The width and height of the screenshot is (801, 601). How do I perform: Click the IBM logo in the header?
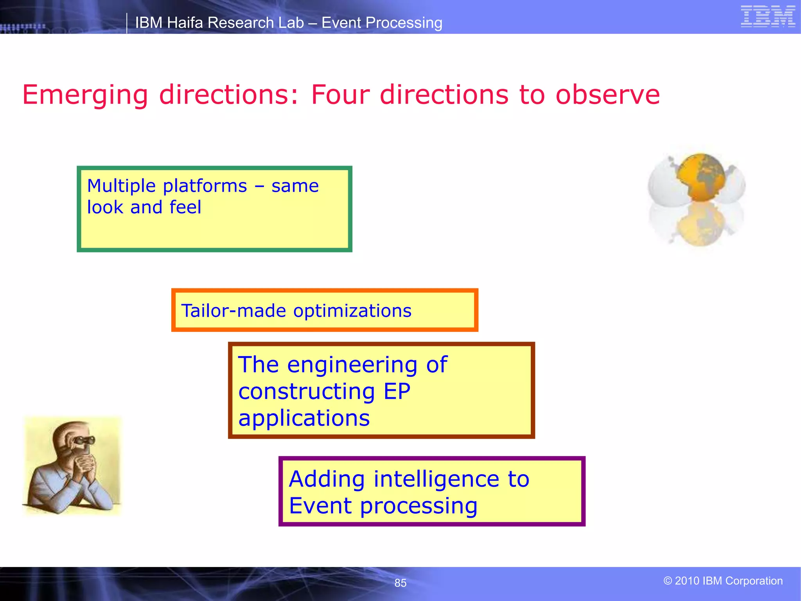click(768, 17)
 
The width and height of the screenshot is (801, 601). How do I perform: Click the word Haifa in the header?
click(185, 23)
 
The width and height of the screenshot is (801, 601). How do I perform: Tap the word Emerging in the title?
click(85, 95)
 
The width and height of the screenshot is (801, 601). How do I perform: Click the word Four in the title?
click(340, 95)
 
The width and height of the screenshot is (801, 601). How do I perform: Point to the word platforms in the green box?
click(205, 186)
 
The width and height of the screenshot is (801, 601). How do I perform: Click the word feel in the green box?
click(185, 207)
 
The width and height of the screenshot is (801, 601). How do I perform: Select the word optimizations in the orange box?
click(352, 311)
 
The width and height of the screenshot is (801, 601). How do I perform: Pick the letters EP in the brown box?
click(397, 391)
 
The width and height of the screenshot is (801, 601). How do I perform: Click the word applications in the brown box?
click(304, 418)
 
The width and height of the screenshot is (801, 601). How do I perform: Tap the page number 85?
click(400, 583)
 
